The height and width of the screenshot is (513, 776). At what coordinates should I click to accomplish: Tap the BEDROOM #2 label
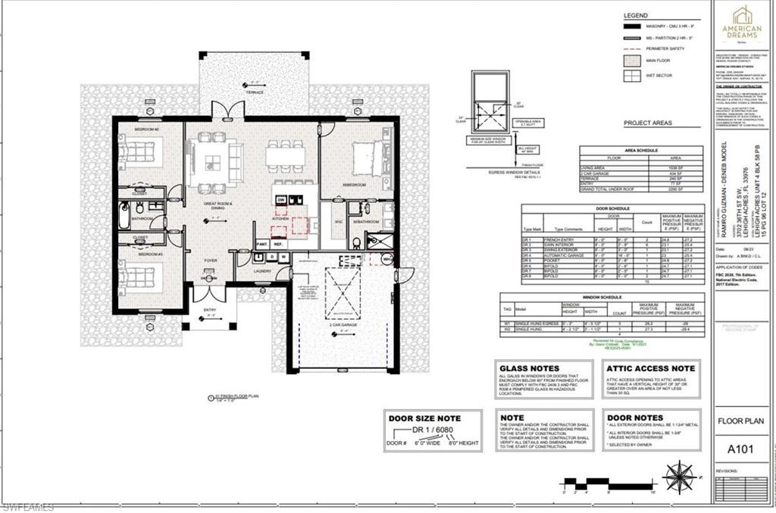(145, 130)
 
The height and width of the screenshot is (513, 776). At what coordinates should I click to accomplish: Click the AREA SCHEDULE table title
(640, 150)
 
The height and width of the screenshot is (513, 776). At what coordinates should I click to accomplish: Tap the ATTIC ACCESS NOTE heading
(650, 368)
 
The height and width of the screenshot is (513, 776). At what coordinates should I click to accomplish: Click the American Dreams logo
(741, 22)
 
